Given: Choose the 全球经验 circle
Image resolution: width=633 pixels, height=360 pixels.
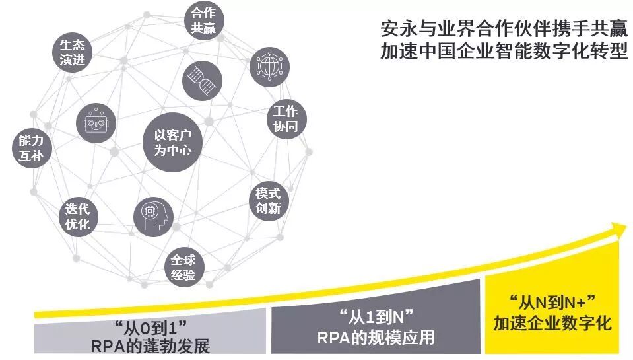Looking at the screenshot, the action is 183,268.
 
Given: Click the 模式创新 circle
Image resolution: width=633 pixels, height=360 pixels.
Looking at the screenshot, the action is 269,201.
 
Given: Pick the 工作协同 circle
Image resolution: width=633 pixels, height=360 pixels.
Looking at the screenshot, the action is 286,119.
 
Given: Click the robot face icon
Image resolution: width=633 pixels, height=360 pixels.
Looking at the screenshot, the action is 96,122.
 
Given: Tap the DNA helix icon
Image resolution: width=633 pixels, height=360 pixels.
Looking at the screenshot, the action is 201,80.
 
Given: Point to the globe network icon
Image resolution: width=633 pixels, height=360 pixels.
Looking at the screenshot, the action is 269,67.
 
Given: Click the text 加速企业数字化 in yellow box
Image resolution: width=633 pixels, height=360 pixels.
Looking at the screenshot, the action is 552,324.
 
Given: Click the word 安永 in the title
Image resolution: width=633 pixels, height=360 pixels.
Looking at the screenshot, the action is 394,29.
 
